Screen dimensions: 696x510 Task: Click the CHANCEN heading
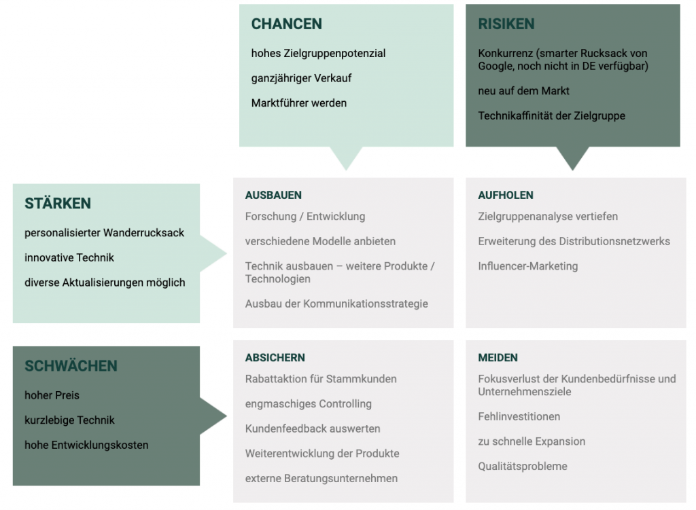point(287,24)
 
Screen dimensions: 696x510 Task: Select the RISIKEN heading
point(506,24)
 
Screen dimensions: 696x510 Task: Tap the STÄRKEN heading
point(58,203)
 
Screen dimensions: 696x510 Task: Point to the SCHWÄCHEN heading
point(71,366)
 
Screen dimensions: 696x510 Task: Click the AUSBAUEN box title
point(273,195)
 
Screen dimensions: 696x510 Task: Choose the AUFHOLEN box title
point(506,195)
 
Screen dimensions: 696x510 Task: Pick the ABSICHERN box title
point(275,357)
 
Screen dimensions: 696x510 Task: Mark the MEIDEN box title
point(498,357)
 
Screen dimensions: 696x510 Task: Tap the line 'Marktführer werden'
point(299,103)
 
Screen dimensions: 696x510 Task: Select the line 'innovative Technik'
point(69,257)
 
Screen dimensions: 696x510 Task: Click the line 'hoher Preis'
point(52,395)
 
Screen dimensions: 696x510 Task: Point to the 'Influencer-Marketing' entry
point(527,266)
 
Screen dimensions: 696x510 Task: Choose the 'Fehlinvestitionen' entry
point(519,416)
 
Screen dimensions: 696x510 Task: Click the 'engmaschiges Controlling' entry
point(309,404)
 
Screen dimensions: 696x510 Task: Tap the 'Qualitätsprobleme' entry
point(523,466)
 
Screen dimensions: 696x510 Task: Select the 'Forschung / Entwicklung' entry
point(305,217)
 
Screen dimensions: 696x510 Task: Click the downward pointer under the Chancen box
point(346,158)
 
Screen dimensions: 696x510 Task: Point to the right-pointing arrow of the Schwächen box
point(213,416)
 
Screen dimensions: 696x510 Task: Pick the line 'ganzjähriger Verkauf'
point(301,79)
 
